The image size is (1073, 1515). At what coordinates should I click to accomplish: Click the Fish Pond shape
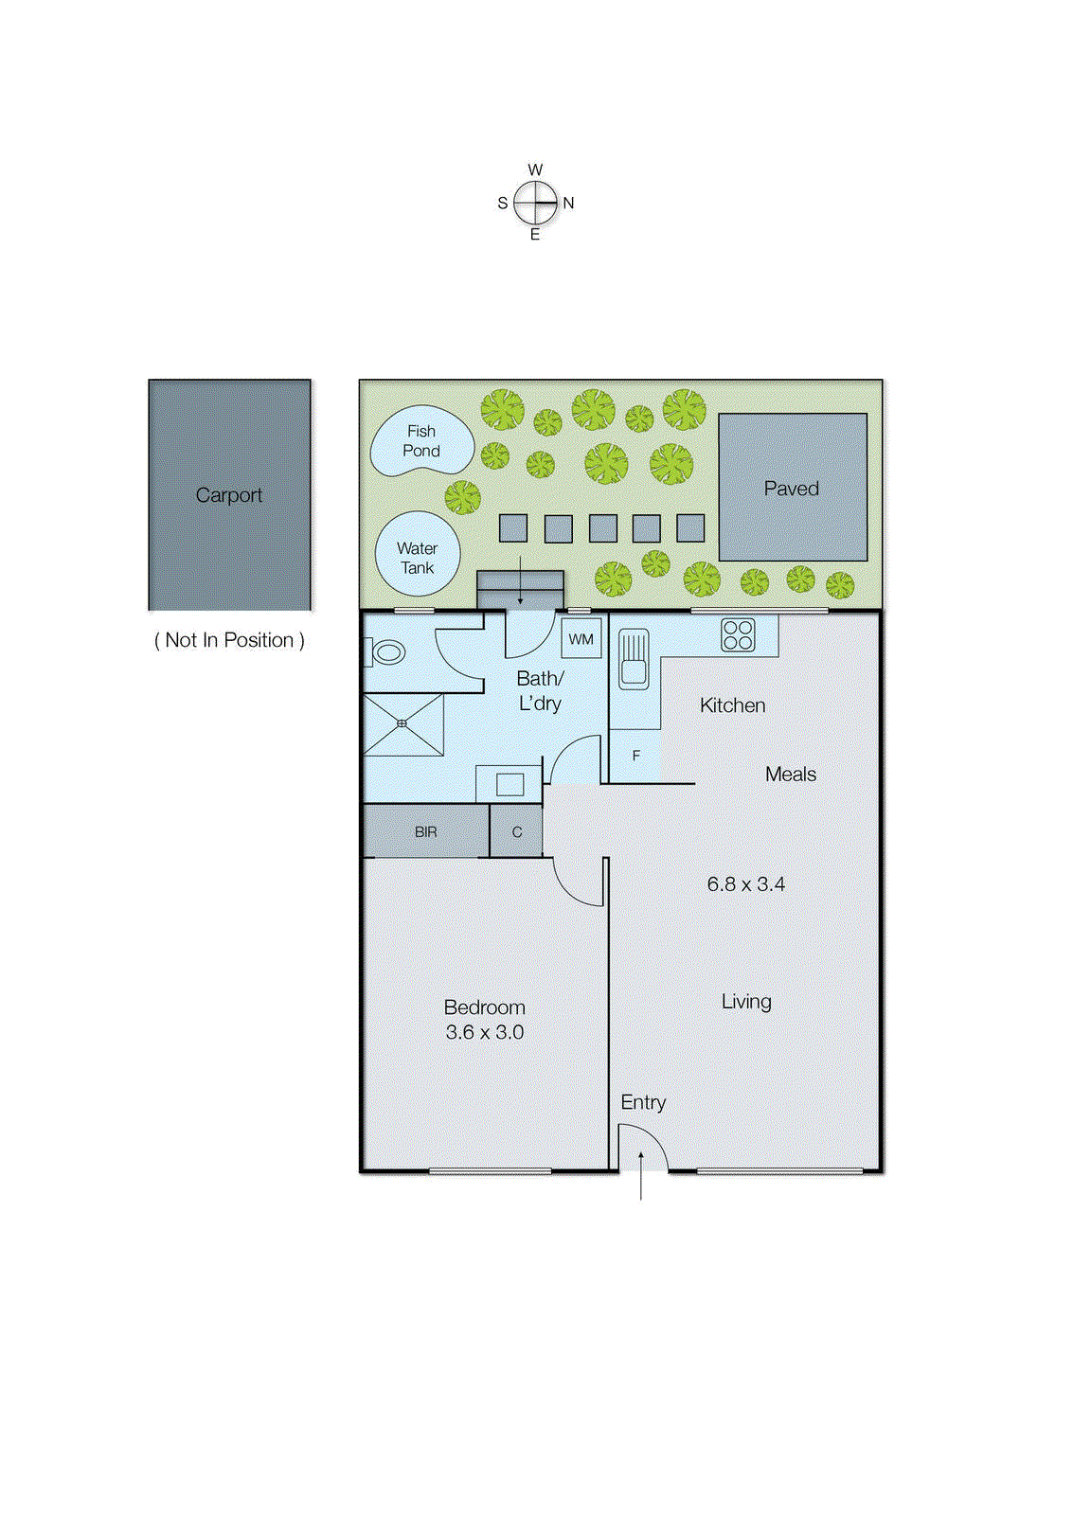click(420, 441)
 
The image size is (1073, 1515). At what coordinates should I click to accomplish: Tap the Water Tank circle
click(417, 555)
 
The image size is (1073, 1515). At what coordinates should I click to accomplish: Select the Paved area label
click(791, 489)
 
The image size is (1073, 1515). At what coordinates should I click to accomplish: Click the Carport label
click(228, 495)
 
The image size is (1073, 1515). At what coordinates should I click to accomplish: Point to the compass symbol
click(535, 203)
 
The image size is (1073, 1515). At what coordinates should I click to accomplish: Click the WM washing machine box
click(581, 639)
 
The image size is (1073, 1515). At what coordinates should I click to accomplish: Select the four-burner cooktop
click(738, 634)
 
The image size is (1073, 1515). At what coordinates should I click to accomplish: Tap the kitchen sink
click(634, 658)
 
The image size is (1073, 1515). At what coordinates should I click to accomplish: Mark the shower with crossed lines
click(402, 724)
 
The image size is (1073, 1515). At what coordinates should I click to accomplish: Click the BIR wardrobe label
click(425, 832)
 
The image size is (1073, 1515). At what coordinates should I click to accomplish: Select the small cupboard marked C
click(516, 832)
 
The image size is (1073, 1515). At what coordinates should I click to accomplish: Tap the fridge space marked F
click(636, 756)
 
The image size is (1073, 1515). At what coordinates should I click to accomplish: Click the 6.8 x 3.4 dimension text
click(745, 884)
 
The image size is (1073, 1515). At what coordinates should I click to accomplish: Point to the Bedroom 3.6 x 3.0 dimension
click(484, 1033)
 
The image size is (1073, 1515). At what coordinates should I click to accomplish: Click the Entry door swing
click(642, 1147)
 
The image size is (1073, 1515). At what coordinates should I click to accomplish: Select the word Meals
click(790, 775)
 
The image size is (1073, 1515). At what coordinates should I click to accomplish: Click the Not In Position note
click(229, 641)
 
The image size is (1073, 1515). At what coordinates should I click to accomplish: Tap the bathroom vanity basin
click(510, 784)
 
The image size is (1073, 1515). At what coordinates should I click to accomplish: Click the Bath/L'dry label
click(540, 691)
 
